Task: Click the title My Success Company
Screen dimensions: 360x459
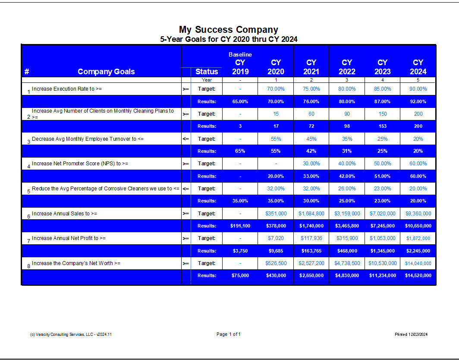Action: click(x=229, y=30)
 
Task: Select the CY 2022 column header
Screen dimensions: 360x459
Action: click(x=347, y=67)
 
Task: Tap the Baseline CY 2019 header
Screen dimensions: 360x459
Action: click(x=240, y=63)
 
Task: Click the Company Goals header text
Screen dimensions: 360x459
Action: click(x=106, y=72)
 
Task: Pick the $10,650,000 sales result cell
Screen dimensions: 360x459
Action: click(x=418, y=226)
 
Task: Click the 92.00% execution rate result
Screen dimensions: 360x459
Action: click(x=418, y=101)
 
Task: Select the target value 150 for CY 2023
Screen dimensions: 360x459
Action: click(x=383, y=114)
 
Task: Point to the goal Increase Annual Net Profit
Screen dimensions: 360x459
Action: click(x=69, y=238)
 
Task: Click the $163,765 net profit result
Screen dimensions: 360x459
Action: click(x=311, y=251)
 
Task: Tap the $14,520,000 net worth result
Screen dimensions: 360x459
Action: click(x=418, y=275)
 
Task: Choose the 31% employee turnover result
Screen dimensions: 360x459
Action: click(x=347, y=151)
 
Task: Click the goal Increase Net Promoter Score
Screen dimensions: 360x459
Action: click(x=80, y=164)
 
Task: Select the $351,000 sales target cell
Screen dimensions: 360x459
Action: click(x=276, y=214)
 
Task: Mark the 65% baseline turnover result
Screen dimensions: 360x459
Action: click(x=240, y=151)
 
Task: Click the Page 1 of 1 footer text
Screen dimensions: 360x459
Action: click(x=229, y=334)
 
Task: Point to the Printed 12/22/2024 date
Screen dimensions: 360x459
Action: click(x=411, y=334)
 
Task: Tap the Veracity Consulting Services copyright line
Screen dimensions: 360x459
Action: click(x=71, y=334)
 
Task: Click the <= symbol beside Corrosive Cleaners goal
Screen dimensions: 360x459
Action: click(x=186, y=189)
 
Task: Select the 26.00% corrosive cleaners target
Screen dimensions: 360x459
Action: click(x=347, y=189)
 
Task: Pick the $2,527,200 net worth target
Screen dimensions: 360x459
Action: click(x=311, y=263)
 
